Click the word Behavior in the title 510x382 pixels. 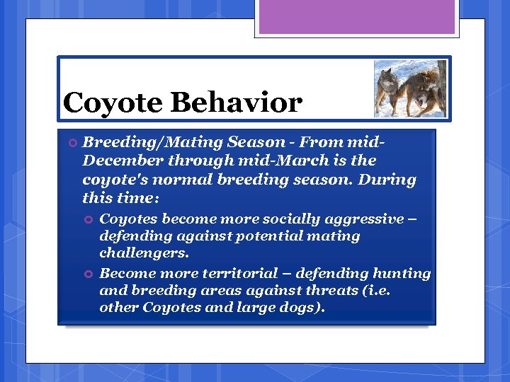click(237, 103)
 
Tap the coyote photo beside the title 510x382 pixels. click(410, 88)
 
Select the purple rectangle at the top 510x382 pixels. click(358, 18)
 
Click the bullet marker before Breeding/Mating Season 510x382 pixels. click(72, 143)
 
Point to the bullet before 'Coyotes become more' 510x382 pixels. click(89, 220)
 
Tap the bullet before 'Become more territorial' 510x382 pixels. click(89, 274)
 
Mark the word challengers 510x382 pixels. click(144, 253)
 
